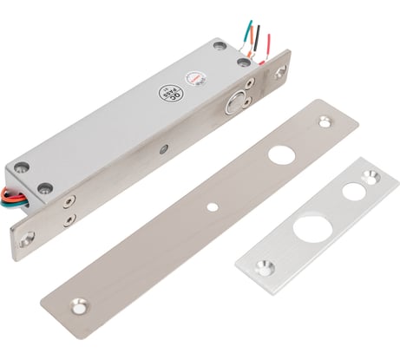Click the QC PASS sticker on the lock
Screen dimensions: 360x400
[x=169, y=92]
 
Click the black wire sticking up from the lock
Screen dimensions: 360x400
[x=255, y=36]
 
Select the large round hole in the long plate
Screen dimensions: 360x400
[x=280, y=154]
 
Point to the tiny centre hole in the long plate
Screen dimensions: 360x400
[x=212, y=207]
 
